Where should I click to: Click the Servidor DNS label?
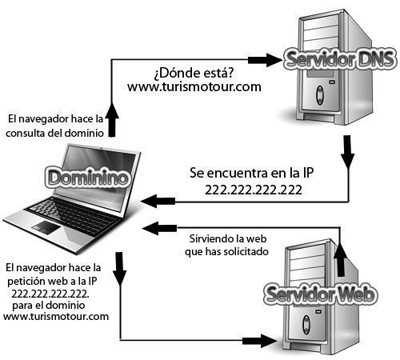tap(339, 59)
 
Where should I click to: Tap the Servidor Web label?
tap(321, 294)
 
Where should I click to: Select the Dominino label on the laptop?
tap(88, 178)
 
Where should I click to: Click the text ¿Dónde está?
tap(194, 73)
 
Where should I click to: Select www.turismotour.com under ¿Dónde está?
tap(194, 87)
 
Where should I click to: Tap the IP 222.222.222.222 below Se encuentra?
tap(254, 190)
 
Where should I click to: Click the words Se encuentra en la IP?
tap(251, 173)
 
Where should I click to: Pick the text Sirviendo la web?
tap(228, 238)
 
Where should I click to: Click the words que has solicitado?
tap(226, 251)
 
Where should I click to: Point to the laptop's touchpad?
tap(46, 227)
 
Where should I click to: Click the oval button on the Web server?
tap(306, 325)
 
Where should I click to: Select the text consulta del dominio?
tap(54, 133)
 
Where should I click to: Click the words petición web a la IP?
tap(52, 281)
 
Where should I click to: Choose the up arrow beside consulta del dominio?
tap(112, 120)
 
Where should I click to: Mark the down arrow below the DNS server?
tap(347, 152)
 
